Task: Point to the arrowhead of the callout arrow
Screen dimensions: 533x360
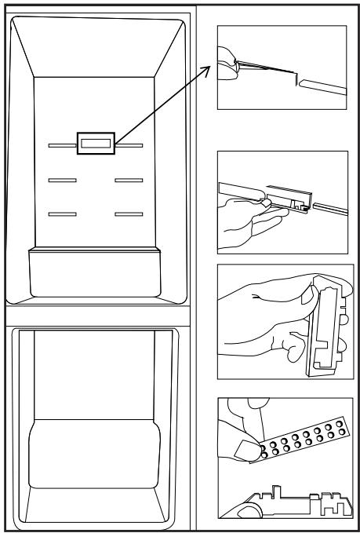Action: point(213,69)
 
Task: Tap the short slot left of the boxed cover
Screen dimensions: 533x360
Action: point(61,144)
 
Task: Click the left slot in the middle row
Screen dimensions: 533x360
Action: point(62,181)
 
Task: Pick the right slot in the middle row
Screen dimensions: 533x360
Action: point(128,181)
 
